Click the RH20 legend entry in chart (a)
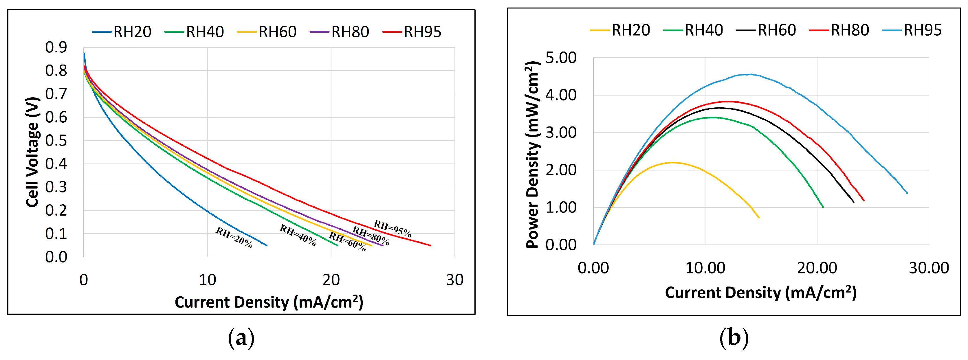coord(122,32)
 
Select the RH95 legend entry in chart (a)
coord(412,32)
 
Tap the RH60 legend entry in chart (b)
coord(766,30)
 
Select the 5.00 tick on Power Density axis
coord(561,58)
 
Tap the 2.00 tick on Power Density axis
coord(561,170)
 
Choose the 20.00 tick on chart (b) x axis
coord(817,268)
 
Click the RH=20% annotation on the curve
coord(234,238)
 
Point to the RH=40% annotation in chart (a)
coord(298,235)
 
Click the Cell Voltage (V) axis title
coord(33,152)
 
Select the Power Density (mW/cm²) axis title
coord(532,155)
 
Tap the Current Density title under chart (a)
coord(269,302)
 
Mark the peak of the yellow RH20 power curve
coord(673,162)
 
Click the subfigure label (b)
coord(734,338)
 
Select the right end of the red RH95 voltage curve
coord(430,245)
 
